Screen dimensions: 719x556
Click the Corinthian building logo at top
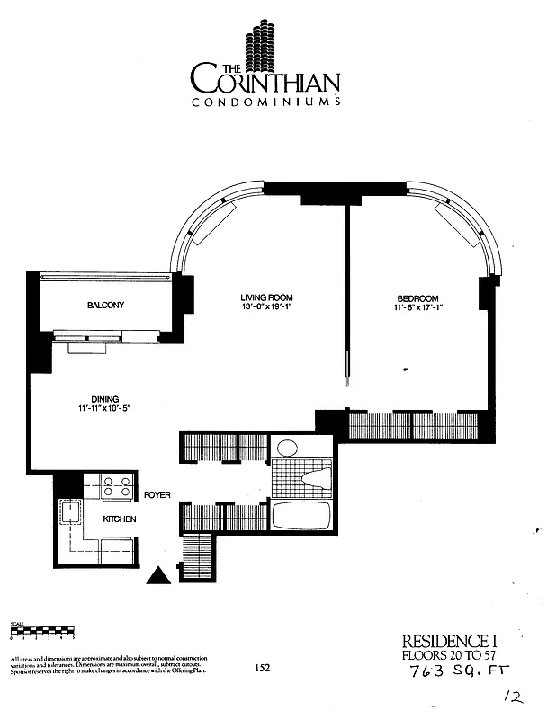265,44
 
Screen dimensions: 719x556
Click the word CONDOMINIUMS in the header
265,102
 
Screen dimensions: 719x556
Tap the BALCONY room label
106,306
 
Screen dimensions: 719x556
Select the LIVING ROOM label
266,297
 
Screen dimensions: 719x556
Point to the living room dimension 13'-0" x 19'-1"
266,308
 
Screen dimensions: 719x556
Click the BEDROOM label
417,298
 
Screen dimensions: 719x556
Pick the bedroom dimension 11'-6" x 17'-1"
417,308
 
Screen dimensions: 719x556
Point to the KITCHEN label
119,520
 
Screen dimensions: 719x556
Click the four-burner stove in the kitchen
115,486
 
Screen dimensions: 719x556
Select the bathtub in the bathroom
301,515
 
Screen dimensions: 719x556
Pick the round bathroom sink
287,448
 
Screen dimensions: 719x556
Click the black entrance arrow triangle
159,575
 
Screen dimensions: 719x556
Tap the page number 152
262,667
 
